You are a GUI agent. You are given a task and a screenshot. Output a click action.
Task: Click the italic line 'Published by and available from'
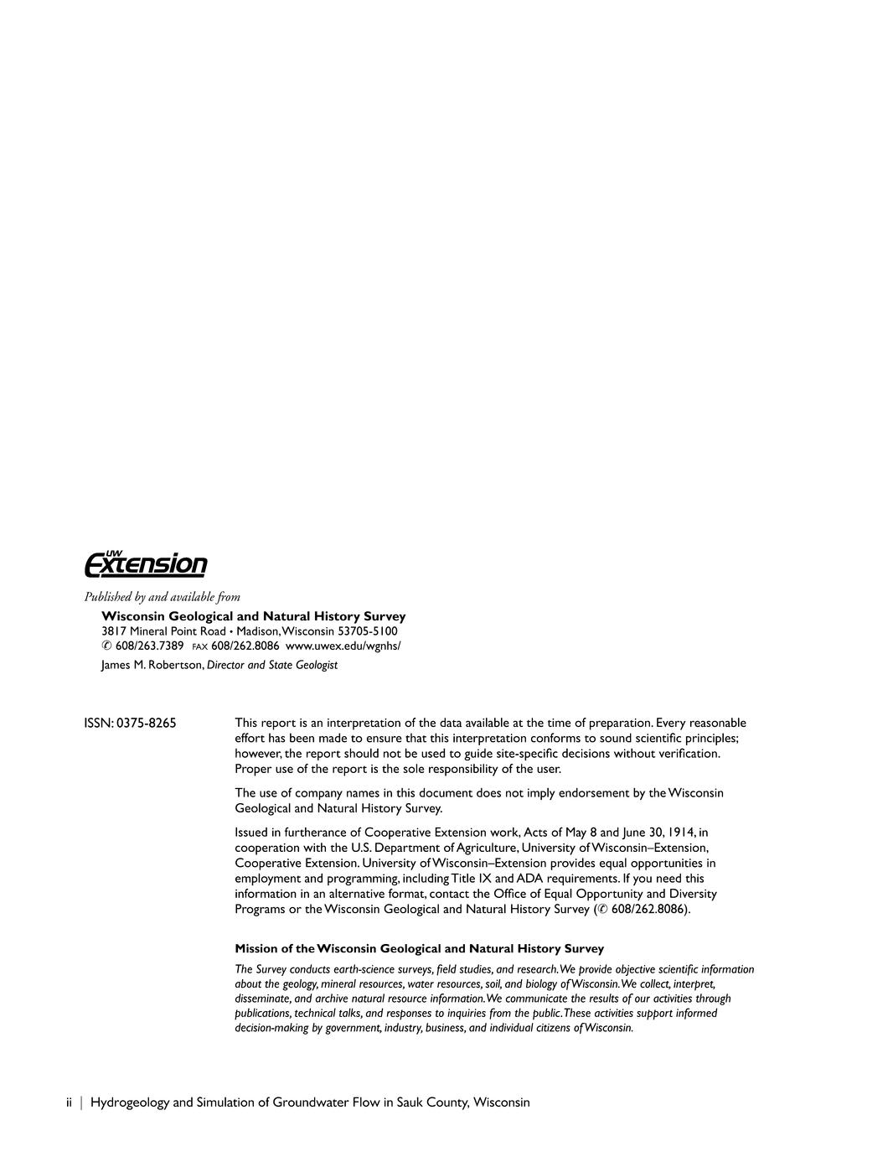coord(162,597)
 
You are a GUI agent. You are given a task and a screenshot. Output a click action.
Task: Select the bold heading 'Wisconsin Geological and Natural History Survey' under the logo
coord(253,616)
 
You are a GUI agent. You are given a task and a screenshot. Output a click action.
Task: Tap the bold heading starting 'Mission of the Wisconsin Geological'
coord(419,948)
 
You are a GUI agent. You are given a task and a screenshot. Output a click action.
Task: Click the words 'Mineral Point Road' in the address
coord(178,630)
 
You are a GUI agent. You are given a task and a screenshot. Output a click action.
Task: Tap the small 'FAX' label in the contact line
coord(199,646)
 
